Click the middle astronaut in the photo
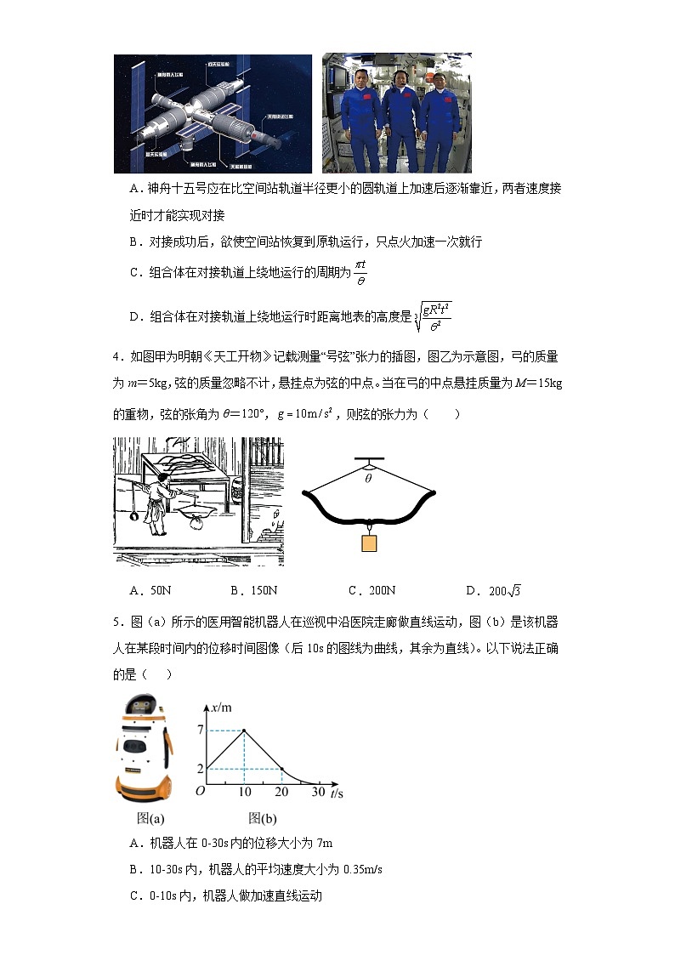[396, 119]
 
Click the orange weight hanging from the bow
[368, 543]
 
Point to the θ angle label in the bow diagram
[368, 478]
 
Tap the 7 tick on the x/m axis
[200, 730]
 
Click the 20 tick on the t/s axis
[281, 791]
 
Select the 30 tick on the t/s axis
[317, 791]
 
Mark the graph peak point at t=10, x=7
[245, 730]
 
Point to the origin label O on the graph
[200, 791]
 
